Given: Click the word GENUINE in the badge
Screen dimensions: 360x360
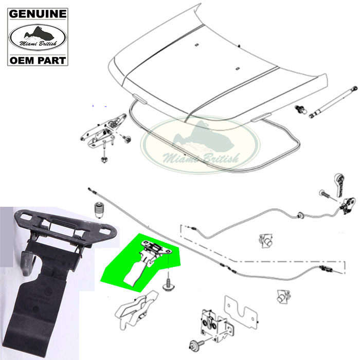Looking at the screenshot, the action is pyautogui.click(x=38, y=14).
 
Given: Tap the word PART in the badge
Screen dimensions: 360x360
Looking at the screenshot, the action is pyautogui.click(x=51, y=61).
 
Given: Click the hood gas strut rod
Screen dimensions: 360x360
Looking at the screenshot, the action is pyautogui.click(x=333, y=102).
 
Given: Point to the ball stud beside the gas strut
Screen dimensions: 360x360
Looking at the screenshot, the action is pyautogui.click(x=301, y=109).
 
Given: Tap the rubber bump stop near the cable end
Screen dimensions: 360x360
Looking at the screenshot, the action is pyautogui.click(x=98, y=210).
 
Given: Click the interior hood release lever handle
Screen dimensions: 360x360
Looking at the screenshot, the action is pyautogui.click(x=339, y=185).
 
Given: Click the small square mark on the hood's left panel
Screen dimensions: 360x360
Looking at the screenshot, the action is pyautogui.click(x=196, y=45).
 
